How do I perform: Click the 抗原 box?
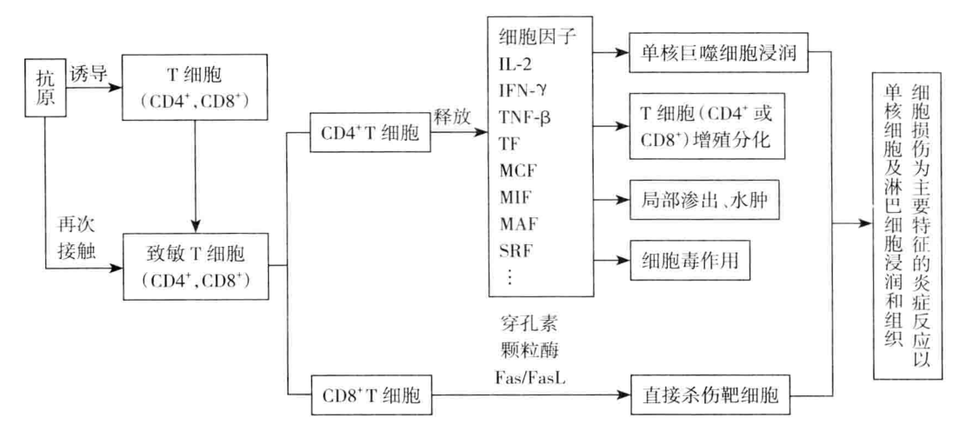(x=38, y=86)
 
